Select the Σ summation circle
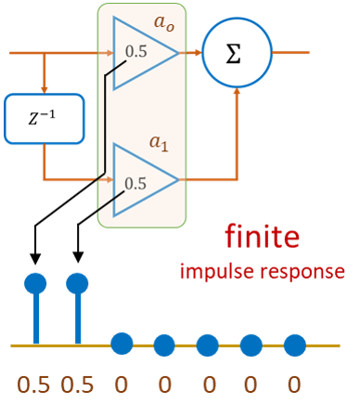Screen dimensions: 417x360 (237, 54)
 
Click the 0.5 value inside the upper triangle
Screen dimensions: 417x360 (136, 52)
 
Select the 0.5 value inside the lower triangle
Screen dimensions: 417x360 (135, 183)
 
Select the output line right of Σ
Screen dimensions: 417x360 (292, 54)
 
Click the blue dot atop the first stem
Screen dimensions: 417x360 (35, 282)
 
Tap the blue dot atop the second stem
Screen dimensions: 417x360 (78, 282)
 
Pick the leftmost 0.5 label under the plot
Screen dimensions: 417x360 (35, 384)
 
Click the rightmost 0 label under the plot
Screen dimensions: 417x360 (294, 384)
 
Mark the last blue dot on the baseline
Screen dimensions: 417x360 (294, 345)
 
